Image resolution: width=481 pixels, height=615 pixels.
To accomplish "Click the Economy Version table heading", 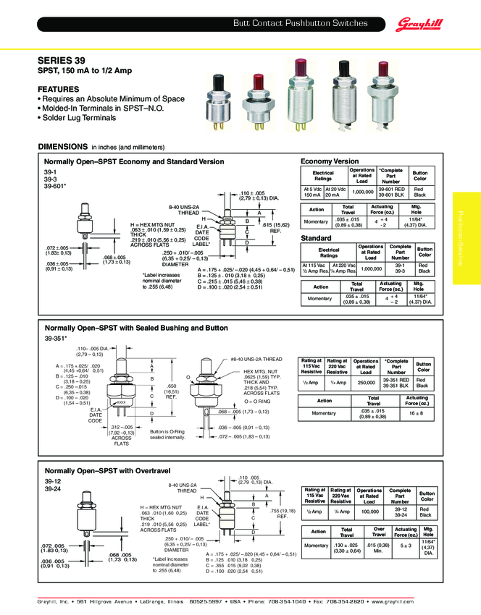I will point(330,161).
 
